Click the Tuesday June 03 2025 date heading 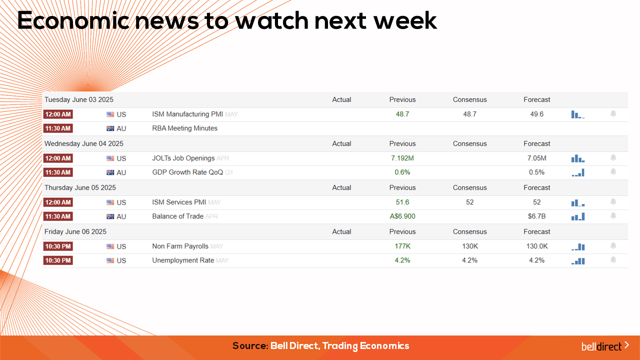pos(79,99)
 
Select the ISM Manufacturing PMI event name pos(187,114)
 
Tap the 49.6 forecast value pos(536,114)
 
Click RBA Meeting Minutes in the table pos(184,128)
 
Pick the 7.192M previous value pos(402,158)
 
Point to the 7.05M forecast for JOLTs pos(536,158)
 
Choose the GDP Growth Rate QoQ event pos(187,172)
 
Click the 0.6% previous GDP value pos(402,172)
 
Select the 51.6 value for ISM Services pos(402,202)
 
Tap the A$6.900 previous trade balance pos(402,216)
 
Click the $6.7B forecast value pos(536,216)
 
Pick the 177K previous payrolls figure pos(402,246)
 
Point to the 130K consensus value pos(469,246)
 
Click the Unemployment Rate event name pos(183,260)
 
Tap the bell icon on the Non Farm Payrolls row pos(613,245)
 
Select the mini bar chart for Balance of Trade pos(578,217)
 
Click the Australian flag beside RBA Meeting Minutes pos(110,128)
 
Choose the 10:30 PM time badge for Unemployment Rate pos(58,260)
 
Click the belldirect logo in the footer pos(605,346)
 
